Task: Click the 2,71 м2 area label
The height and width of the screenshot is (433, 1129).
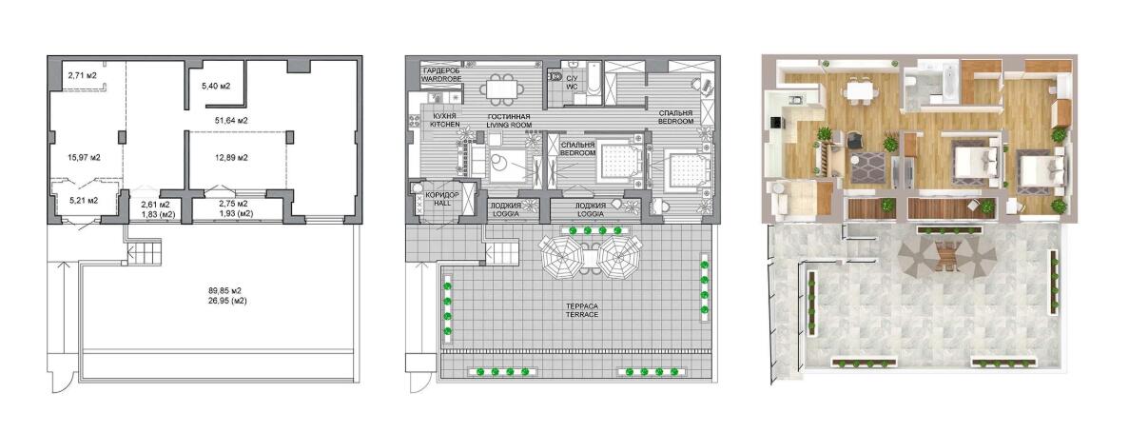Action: pyautogui.click(x=82, y=75)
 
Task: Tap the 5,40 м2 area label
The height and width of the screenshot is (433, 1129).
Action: pyautogui.click(x=216, y=87)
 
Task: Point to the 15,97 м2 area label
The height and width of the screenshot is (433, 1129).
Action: pyautogui.click(x=84, y=157)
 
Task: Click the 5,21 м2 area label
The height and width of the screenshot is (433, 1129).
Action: pyautogui.click(x=83, y=200)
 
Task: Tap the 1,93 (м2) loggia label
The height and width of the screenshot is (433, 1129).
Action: pyautogui.click(x=236, y=214)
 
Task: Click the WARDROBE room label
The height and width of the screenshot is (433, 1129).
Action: pyautogui.click(x=441, y=78)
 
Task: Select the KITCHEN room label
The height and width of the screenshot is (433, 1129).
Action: pyautogui.click(x=444, y=125)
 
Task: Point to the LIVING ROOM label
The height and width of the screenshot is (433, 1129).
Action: pyautogui.click(x=508, y=125)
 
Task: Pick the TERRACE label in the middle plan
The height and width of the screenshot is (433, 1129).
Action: pyautogui.click(x=582, y=316)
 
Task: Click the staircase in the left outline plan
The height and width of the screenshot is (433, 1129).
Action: pyautogui.click(x=141, y=253)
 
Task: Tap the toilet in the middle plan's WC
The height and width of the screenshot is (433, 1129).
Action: pyautogui.click(x=555, y=76)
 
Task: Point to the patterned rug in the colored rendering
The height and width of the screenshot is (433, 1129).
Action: pyautogui.click(x=867, y=167)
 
